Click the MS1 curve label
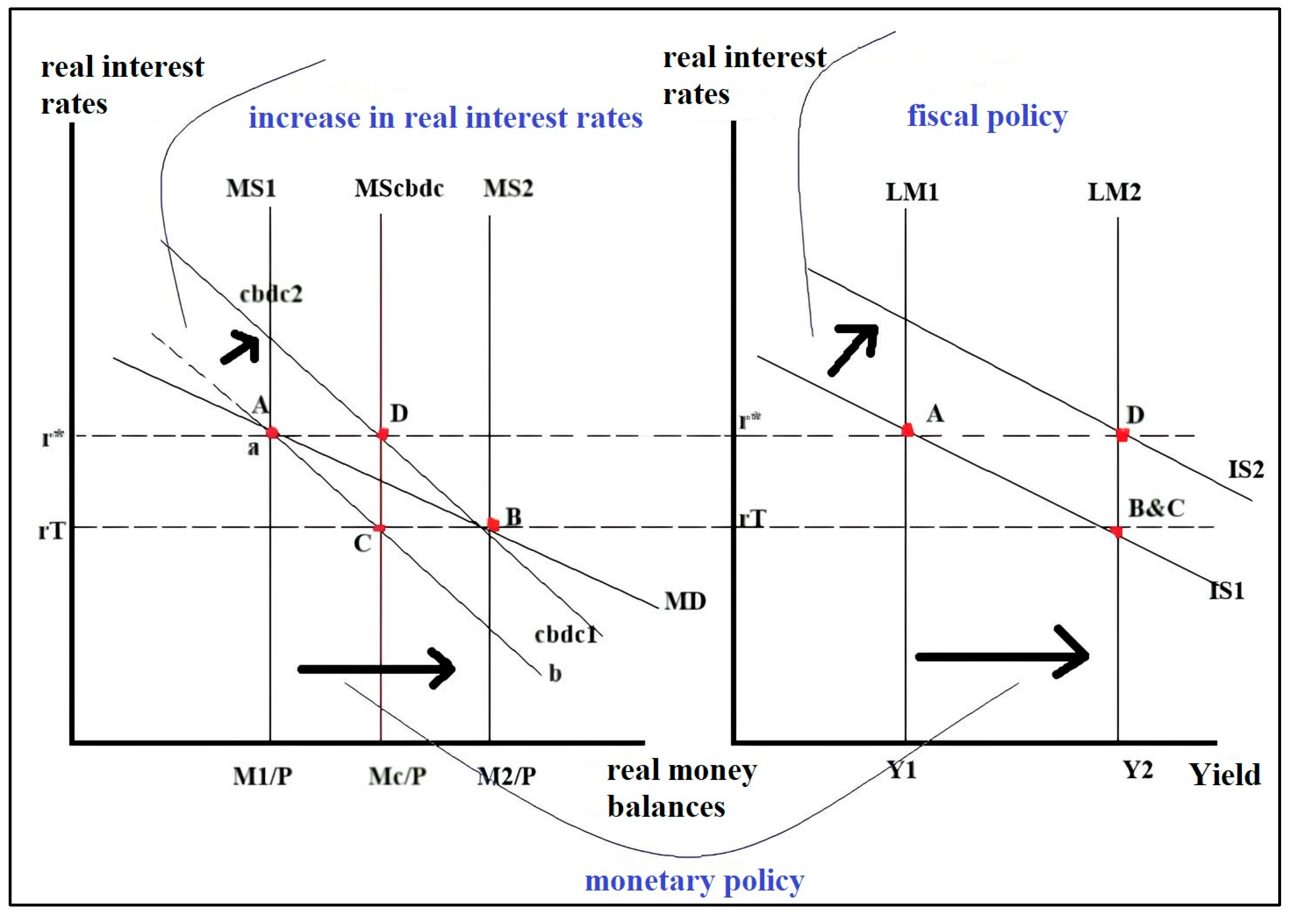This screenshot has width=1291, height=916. click(x=251, y=188)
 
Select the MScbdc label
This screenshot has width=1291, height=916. click(x=399, y=188)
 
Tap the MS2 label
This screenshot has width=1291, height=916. click(x=508, y=188)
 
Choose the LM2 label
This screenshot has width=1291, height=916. click(x=1114, y=192)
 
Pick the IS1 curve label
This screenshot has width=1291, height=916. click(x=1227, y=591)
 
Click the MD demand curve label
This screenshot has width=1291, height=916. click(x=685, y=601)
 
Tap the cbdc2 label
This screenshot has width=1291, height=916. click(x=271, y=294)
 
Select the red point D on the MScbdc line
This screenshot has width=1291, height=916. click(x=383, y=434)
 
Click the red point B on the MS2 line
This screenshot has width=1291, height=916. click(x=493, y=525)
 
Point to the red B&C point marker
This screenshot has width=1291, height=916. click(x=1116, y=531)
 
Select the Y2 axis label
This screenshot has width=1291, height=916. click(x=1137, y=770)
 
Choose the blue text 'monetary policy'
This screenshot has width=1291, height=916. click(x=694, y=880)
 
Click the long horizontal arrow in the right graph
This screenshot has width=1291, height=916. click(x=1001, y=656)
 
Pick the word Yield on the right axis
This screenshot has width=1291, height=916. click(x=1225, y=775)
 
